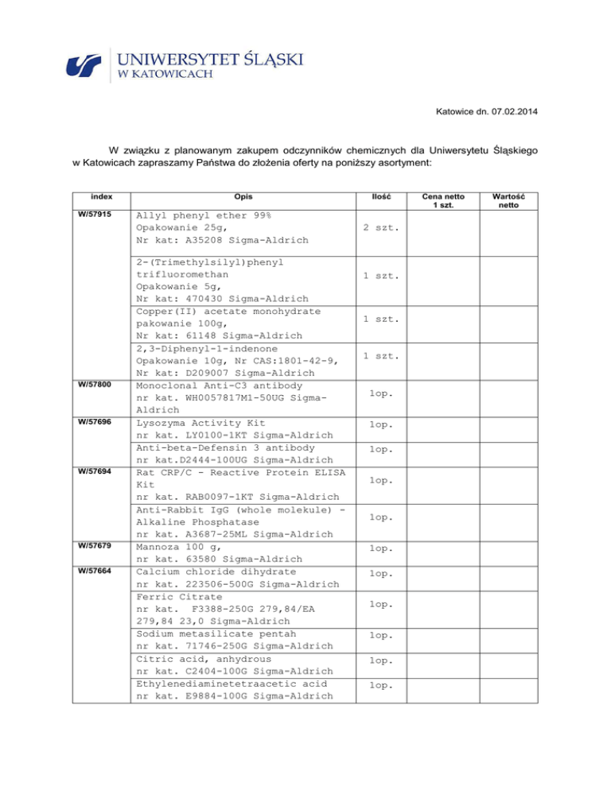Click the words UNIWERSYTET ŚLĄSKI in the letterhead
tap(211, 59)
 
